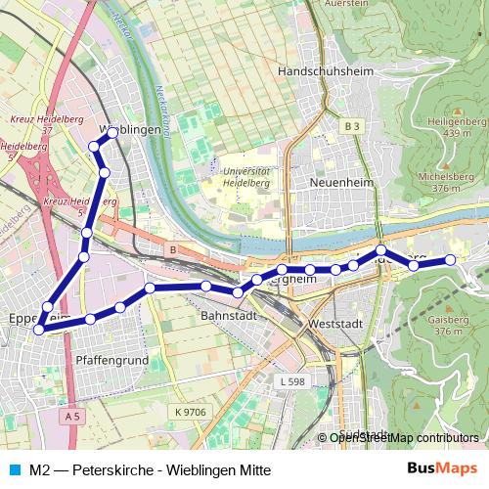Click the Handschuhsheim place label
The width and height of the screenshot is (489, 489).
[322, 71]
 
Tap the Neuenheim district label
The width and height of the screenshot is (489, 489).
[335, 183]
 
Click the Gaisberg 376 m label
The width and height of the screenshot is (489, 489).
[445, 325]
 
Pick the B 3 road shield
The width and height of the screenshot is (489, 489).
[352, 126]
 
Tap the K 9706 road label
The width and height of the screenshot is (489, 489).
[192, 412]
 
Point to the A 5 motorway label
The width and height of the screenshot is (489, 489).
[69, 417]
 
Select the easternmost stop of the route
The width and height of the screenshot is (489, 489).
[451, 259]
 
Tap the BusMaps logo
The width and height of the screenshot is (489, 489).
[441, 467]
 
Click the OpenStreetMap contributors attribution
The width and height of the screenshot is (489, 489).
[404, 437]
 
